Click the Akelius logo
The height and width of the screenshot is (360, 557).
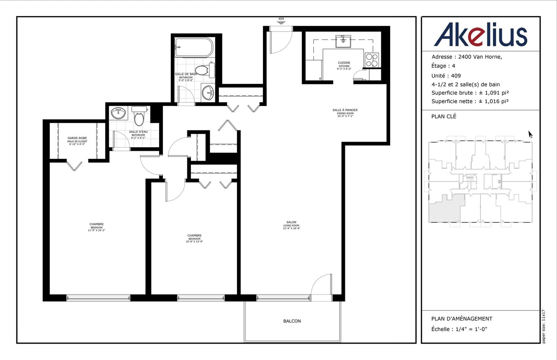click(x=480, y=34)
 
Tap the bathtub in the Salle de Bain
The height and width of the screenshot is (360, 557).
click(x=194, y=48)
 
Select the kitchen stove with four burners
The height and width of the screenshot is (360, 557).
click(x=372, y=60)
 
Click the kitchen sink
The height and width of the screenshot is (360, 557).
click(x=343, y=40)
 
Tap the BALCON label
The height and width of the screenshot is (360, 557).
click(x=292, y=321)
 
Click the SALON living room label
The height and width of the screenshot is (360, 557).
click(x=291, y=224)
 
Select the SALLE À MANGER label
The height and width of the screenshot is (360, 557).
click(x=345, y=111)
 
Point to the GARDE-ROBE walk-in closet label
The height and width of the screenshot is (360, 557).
click(x=77, y=140)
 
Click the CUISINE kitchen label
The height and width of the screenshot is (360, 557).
click(x=344, y=65)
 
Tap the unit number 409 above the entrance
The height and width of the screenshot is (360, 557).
click(x=281, y=19)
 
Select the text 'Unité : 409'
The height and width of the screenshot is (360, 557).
click(x=446, y=76)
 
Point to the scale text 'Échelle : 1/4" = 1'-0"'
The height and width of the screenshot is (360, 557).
click(x=459, y=329)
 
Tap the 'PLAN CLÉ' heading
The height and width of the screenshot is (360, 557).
click(x=443, y=116)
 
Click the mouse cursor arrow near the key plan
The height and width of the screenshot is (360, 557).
click(x=530, y=134)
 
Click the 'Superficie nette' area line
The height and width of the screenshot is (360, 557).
click(x=470, y=101)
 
